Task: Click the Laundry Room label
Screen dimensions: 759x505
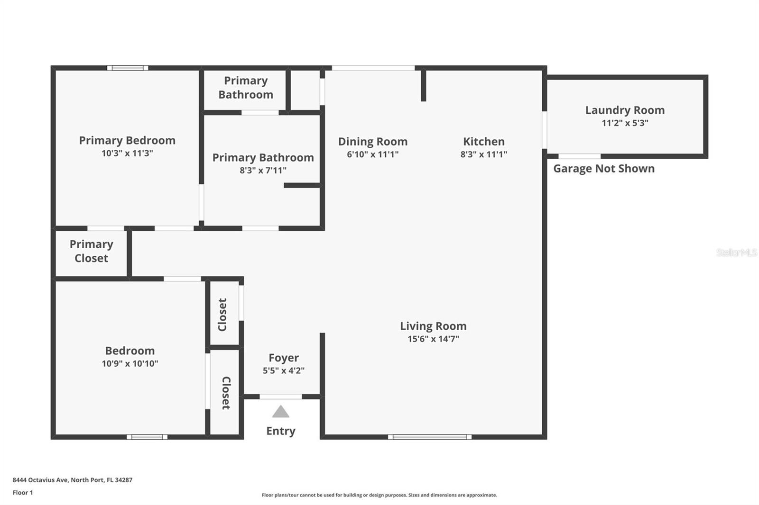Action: click(x=625, y=110)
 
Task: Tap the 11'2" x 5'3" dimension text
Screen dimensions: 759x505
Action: click(x=625, y=123)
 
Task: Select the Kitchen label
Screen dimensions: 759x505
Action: click(x=483, y=142)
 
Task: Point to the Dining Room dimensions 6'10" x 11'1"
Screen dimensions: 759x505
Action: click(x=373, y=154)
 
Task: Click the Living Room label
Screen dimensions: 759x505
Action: click(x=433, y=326)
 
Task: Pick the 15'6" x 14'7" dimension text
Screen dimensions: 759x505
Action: click(x=433, y=339)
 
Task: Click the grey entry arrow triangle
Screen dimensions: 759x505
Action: click(x=280, y=412)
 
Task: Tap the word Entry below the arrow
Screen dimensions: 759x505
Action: click(x=280, y=431)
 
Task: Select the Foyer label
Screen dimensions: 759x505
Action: click(x=284, y=358)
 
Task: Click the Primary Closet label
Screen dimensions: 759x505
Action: click(x=92, y=251)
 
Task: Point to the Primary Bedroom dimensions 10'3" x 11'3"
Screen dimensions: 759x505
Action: click(x=127, y=153)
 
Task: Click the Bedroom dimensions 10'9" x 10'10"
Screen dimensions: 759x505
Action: click(x=130, y=363)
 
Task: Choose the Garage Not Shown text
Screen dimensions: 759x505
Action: click(x=604, y=169)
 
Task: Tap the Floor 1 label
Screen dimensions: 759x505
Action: click(x=23, y=493)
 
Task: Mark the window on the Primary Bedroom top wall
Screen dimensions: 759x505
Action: click(x=128, y=68)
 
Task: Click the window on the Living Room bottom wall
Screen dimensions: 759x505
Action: click(x=430, y=437)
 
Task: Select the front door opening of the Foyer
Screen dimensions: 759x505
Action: click(x=280, y=397)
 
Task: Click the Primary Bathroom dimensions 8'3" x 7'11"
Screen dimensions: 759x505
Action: click(x=263, y=170)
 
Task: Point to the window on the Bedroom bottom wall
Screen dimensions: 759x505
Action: click(x=147, y=437)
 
